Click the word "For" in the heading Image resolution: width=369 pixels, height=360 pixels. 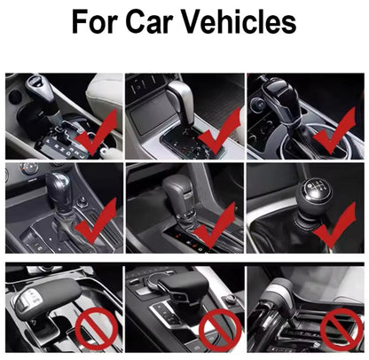click(99, 21)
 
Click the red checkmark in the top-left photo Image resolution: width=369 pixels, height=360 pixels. click(98, 132)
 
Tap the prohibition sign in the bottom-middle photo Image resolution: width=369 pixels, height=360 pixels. click(220, 330)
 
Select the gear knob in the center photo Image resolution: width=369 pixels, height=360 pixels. click(177, 190)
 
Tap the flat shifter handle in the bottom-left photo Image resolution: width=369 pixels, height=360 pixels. click(44, 298)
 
